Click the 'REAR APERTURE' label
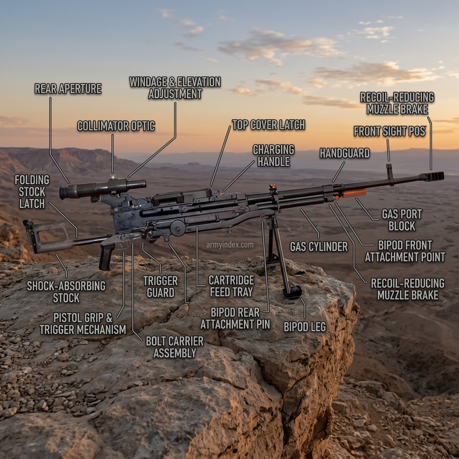coord(68,89)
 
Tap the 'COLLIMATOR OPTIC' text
coord(116,126)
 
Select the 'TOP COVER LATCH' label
coord(268,125)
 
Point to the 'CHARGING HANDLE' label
coord(274,156)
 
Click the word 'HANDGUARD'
coord(345,153)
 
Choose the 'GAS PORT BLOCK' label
coord(402,220)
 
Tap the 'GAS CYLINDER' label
coord(319,247)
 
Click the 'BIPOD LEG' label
coord(305,327)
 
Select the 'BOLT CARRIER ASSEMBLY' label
coord(174,347)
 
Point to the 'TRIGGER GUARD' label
coord(160,286)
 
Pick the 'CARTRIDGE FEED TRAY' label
coord(231,286)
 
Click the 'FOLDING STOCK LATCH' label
coord(32,192)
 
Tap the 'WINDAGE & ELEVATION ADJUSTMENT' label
coord(175,88)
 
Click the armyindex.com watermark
coord(230,245)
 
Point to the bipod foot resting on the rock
coord(292,293)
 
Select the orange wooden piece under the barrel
coord(354,193)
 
